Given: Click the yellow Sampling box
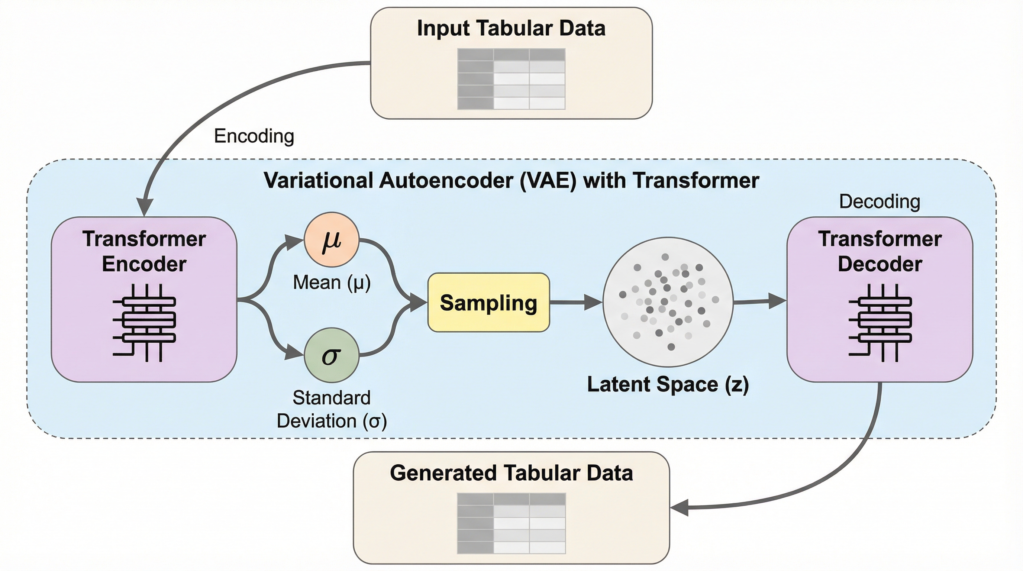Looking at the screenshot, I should pyautogui.click(x=488, y=303).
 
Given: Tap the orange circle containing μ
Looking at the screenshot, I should pyautogui.click(x=332, y=240).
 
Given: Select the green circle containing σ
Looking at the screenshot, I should pyautogui.click(x=332, y=355).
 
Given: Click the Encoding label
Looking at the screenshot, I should pyautogui.click(x=254, y=136).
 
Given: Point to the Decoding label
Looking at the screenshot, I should pyautogui.click(x=879, y=202).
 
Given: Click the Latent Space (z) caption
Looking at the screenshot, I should pyautogui.click(x=668, y=384).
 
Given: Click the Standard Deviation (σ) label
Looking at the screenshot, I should pyautogui.click(x=332, y=409).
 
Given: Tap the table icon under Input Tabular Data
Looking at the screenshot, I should pyautogui.click(x=511, y=79).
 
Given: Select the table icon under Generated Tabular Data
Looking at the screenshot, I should pyautogui.click(x=511, y=523).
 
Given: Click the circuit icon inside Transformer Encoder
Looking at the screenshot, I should pyautogui.click(x=145, y=322).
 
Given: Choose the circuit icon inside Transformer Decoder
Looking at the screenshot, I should pyautogui.click(x=880, y=322).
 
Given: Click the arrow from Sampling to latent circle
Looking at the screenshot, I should pyautogui.click(x=576, y=303).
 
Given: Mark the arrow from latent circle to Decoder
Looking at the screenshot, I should pyautogui.click(x=759, y=301).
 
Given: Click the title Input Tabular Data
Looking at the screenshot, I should pyautogui.click(x=511, y=29).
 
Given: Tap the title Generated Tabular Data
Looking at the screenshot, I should pyautogui.click(x=511, y=473).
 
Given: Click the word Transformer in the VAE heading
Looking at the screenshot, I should pyautogui.click(x=696, y=181).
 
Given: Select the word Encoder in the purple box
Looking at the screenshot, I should pyautogui.click(x=145, y=264).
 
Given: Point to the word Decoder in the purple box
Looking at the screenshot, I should pyautogui.click(x=880, y=264).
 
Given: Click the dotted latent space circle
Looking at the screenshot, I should pyautogui.click(x=668, y=302).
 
